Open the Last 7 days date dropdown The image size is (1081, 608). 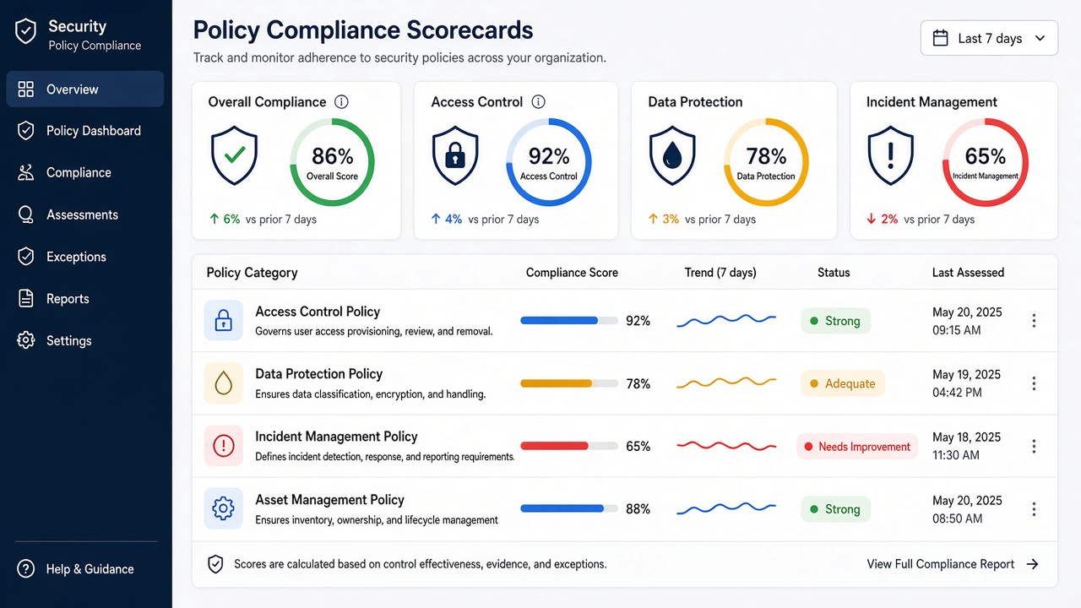point(989,38)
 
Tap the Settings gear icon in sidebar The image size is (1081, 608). point(26,340)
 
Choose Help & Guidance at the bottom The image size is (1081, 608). point(75,569)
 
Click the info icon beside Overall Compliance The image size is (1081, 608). point(341,102)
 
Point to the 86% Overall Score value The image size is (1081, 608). point(333,156)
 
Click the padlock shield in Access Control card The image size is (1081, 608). point(455,155)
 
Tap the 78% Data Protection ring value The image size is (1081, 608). point(766,156)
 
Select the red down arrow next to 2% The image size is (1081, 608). point(871,219)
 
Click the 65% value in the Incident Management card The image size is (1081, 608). point(986,156)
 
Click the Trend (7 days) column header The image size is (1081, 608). point(720,273)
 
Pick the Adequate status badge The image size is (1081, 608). point(843,383)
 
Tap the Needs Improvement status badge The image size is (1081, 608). point(857,447)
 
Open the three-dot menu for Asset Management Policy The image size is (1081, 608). point(1034,509)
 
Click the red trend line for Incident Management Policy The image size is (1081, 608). point(726,445)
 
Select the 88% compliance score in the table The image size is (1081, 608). point(638,509)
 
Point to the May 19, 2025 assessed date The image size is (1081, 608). point(966,375)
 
